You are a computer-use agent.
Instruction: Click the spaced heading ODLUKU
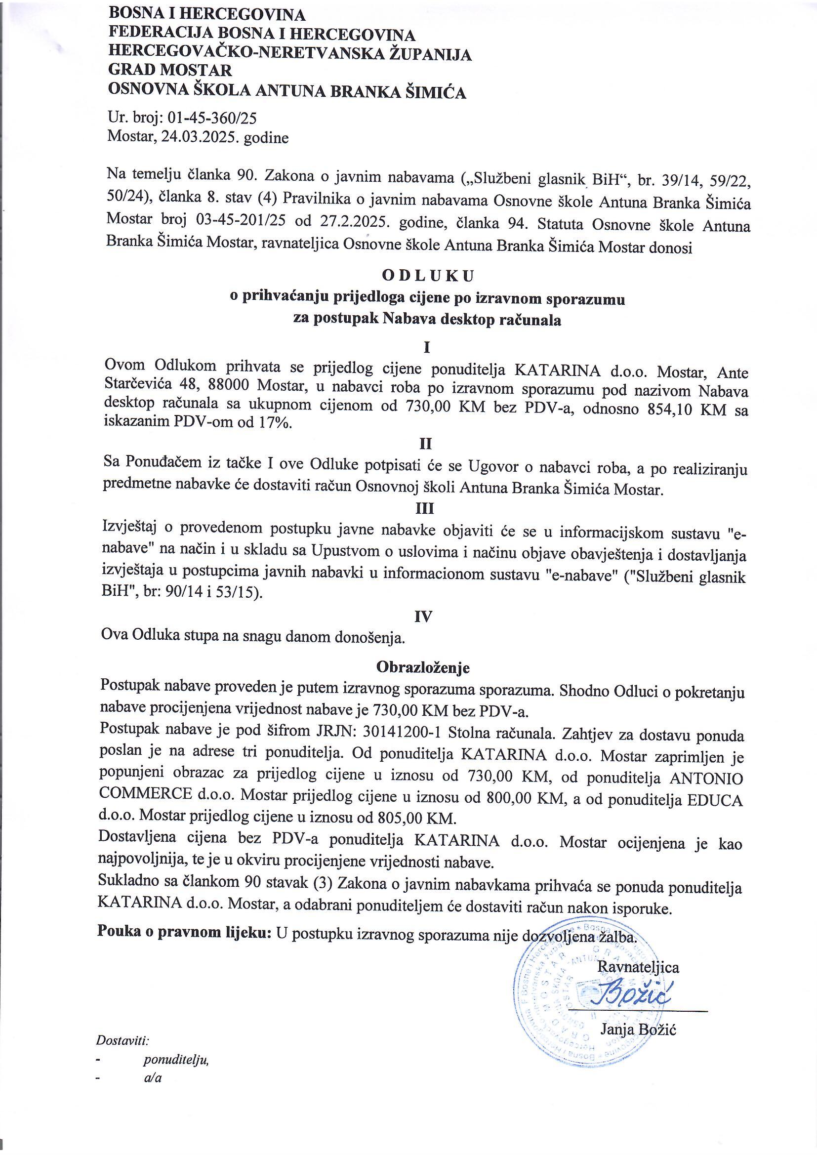pyautogui.click(x=428, y=276)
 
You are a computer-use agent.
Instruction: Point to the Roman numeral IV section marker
pyautogui.click(x=423, y=617)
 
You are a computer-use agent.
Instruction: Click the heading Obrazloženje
pyautogui.click(x=423, y=667)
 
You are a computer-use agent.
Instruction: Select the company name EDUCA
pyautogui.click(x=714, y=800)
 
